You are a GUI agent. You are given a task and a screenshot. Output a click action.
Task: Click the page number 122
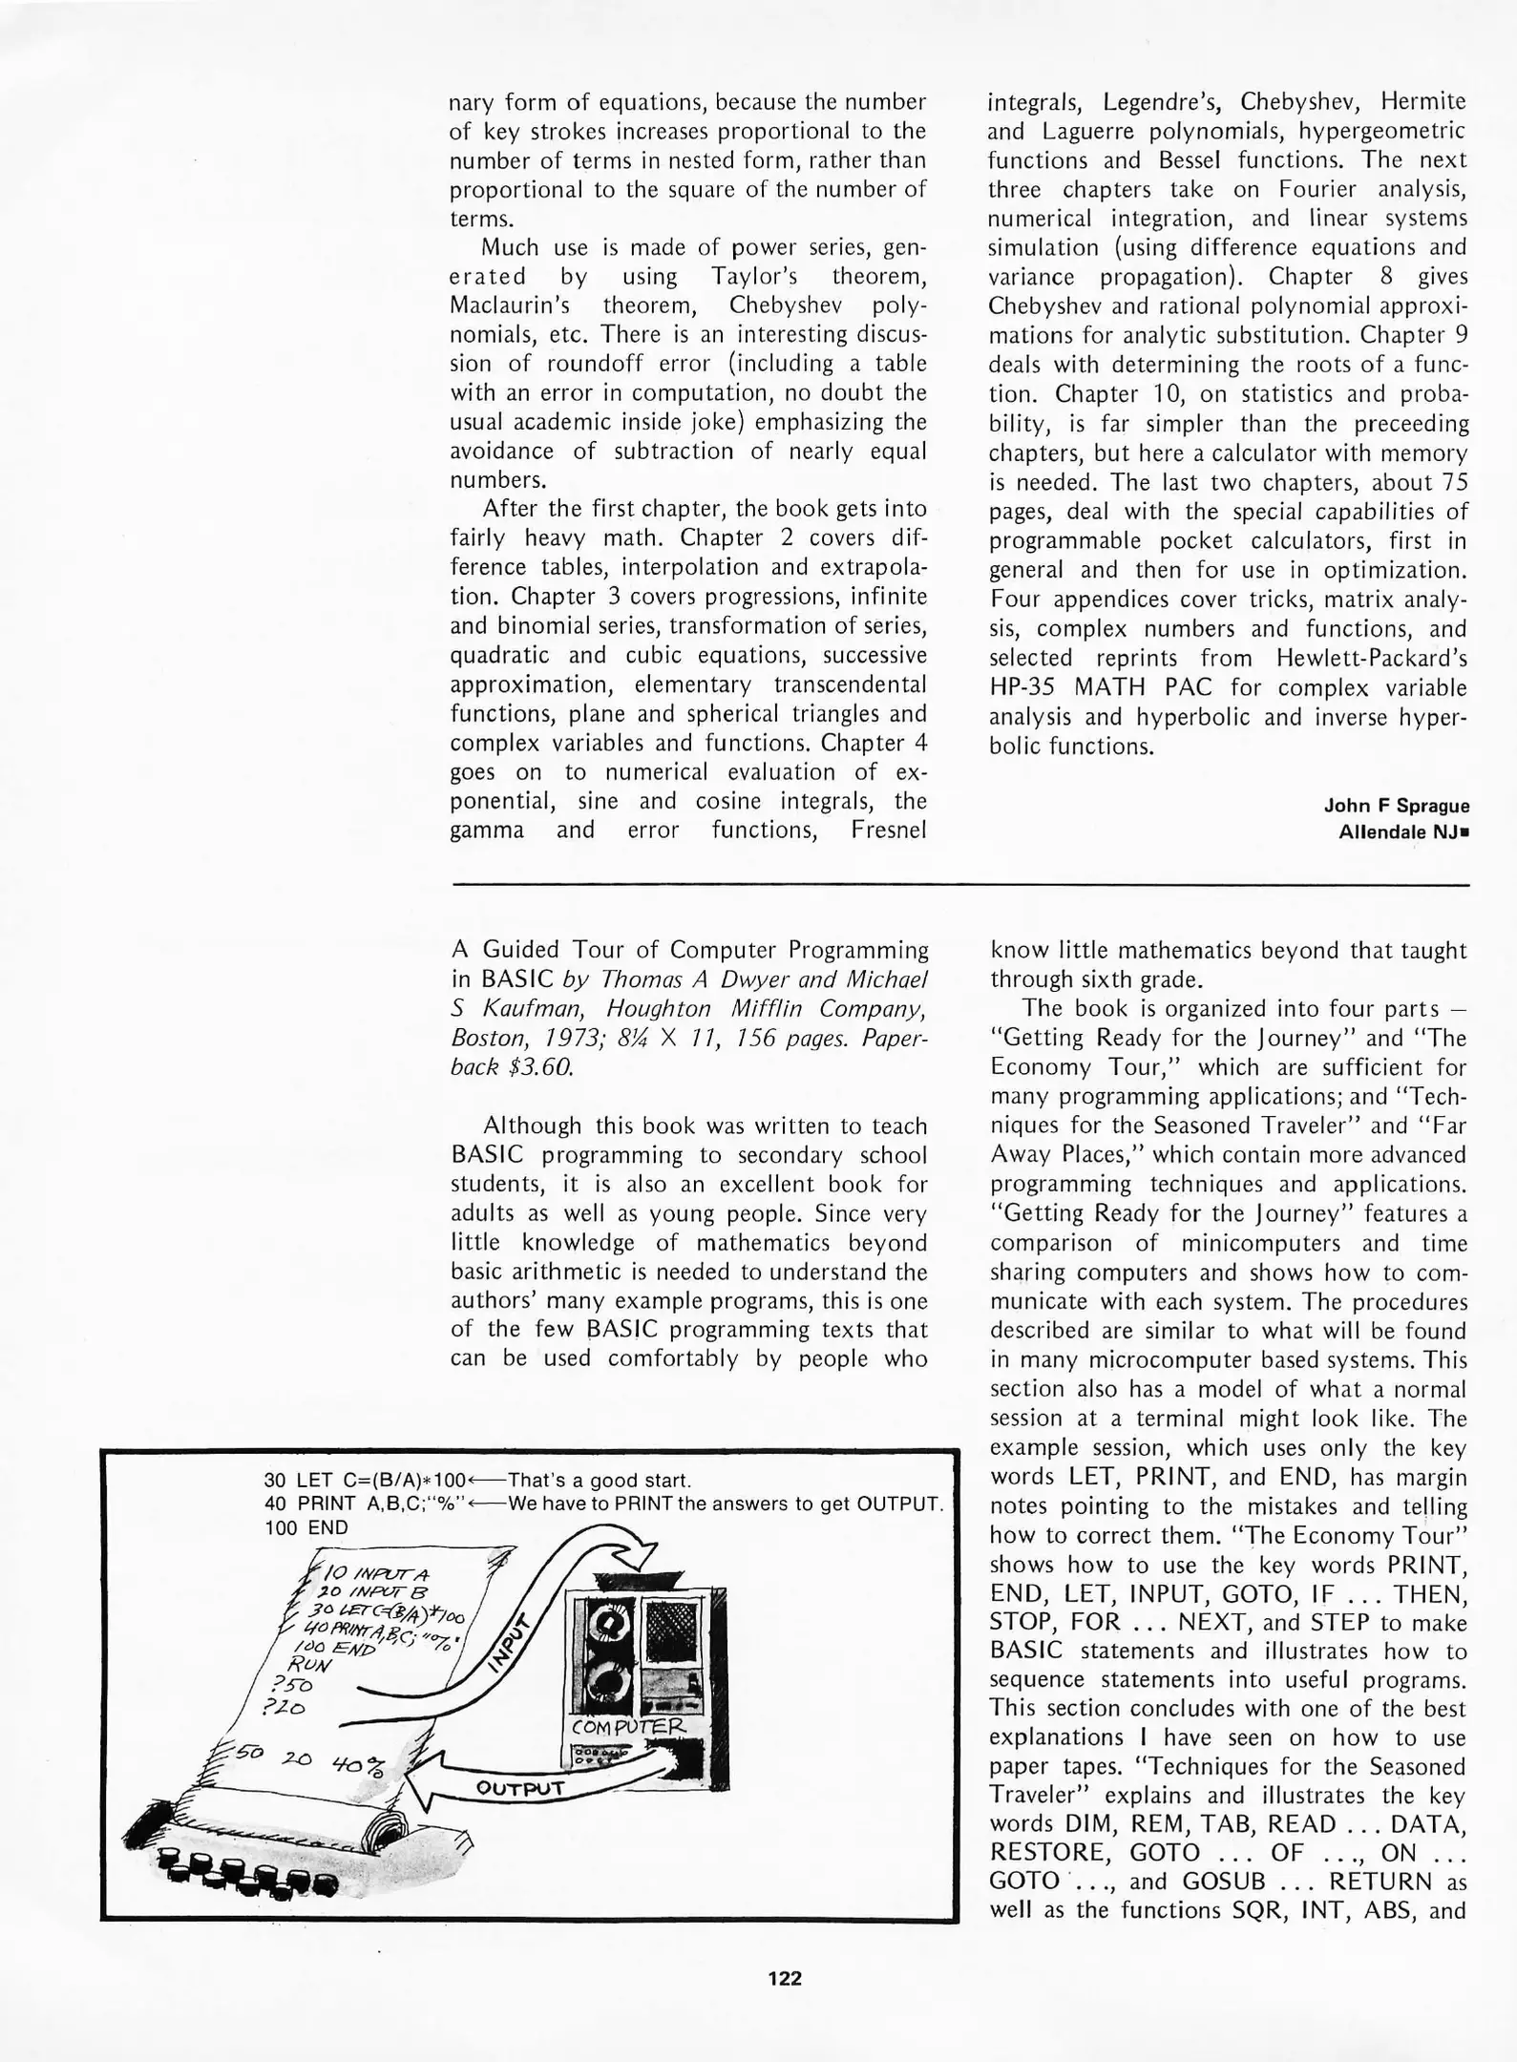tap(785, 1978)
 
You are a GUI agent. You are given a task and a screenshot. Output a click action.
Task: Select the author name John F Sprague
tap(1396, 806)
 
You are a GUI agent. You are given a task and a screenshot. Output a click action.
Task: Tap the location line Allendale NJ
tap(1400, 831)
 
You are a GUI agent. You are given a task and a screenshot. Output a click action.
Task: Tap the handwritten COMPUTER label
tap(628, 1727)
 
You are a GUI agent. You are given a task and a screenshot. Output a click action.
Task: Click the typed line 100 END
tap(306, 1527)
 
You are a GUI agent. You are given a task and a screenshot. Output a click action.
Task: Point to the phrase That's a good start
tap(599, 1481)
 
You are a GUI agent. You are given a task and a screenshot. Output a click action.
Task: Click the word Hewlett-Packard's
tap(1371, 658)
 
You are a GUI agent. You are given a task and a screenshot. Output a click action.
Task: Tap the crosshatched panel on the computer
tap(674, 1629)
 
